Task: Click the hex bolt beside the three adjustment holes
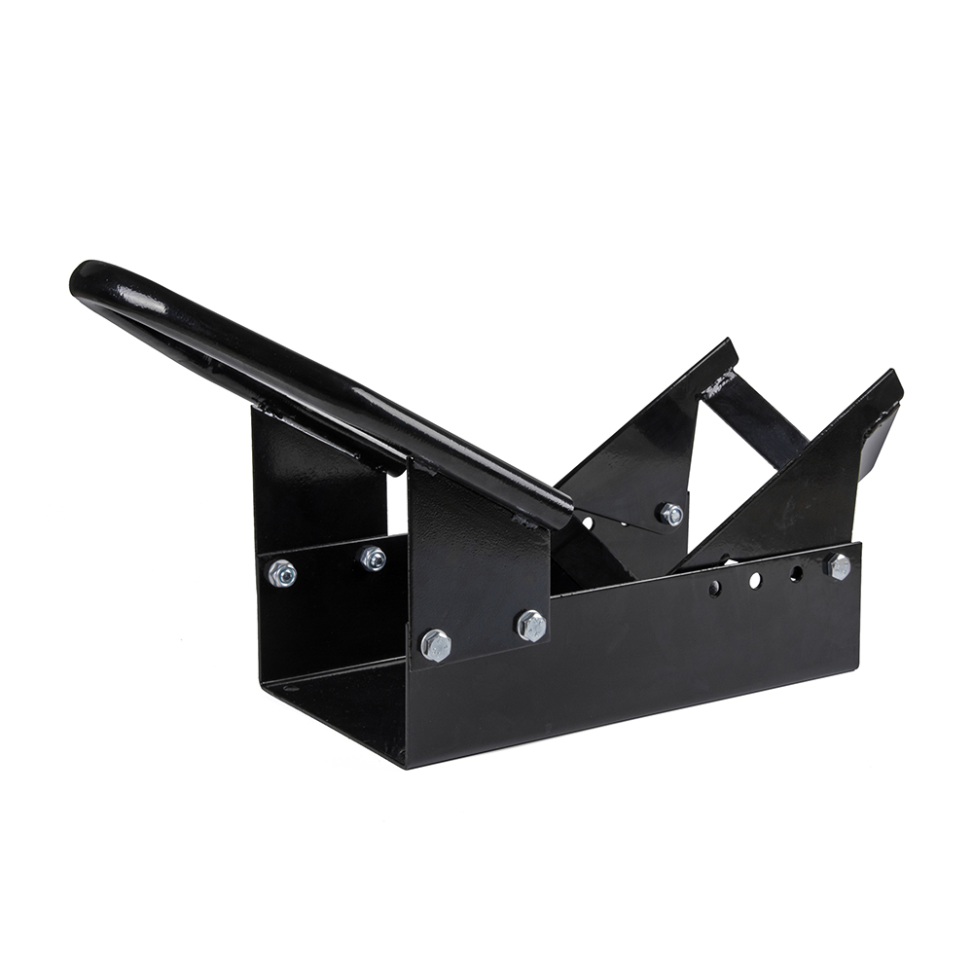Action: pyautogui.click(x=839, y=566)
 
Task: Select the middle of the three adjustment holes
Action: pyautogui.click(x=754, y=580)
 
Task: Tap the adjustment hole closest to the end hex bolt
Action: pyautogui.click(x=796, y=574)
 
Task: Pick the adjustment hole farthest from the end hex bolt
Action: pyautogui.click(x=714, y=588)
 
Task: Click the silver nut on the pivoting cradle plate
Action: pyautogui.click(x=669, y=514)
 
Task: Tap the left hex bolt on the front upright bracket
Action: pyautogui.click(x=436, y=644)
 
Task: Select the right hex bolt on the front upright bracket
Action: pyautogui.click(x=531, y=625)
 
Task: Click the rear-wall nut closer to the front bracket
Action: pyautogui.click(x=372, y=558)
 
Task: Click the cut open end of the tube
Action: pyautogui.click(x=562, y=513)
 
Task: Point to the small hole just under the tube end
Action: pyautogui.click(x=587, y=523)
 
